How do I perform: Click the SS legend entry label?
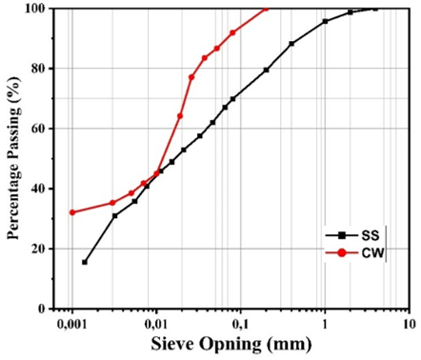pos(371,235)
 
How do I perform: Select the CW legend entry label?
pos(372,253)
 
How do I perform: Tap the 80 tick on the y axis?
pos(39,69)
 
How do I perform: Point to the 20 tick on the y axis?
pos(39,249)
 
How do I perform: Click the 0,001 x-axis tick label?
pos(72,325)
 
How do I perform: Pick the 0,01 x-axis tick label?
pos(156,325)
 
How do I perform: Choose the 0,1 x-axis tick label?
pos(240,325)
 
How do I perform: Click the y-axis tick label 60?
pos(39,129)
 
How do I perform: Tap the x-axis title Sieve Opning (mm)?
pos(231,345)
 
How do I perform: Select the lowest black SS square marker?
pos(85,262)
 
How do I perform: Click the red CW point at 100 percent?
pos(266,9)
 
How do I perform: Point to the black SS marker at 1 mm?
pos(325,21)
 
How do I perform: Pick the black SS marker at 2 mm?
pos(351,12)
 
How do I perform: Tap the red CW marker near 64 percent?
pos(180,116)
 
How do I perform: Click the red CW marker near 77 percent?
pos(191,77)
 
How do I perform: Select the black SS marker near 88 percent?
pos(291,44)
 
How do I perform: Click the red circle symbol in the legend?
pos(342,253)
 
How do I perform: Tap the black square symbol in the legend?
pos(342,235)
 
